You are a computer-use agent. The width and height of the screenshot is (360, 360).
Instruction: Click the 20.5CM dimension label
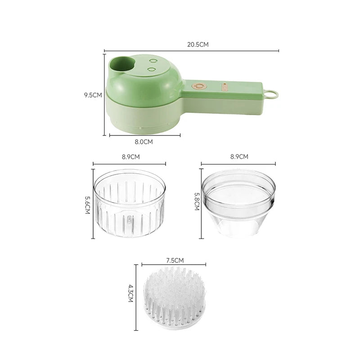click(x=198, y=45)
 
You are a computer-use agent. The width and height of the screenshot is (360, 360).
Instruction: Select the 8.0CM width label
click(x=144, y=142)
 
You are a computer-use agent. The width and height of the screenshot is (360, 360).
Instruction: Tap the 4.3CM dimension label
click(x=130, y=296)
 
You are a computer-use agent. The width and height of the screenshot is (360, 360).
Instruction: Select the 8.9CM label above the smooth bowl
click(x=239, y=157)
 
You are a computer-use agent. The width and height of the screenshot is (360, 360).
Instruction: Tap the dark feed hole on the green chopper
click(x=122, y=63)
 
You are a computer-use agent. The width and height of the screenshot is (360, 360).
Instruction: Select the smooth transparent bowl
click(x=239, y=205)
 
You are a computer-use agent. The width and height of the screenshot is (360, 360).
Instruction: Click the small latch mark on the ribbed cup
click(x=129, y=220)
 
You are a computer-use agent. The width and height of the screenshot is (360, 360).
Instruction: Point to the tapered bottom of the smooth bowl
click(x=239, y=225)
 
